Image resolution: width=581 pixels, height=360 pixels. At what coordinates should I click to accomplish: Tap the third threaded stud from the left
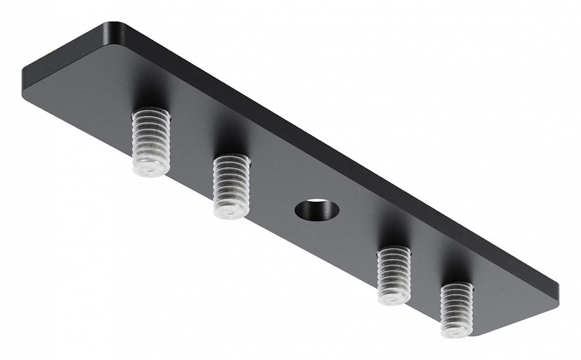[394, 275]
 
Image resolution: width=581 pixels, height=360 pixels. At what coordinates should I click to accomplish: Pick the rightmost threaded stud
[456, 309]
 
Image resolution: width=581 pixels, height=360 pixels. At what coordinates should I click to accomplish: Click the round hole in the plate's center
[316, 209]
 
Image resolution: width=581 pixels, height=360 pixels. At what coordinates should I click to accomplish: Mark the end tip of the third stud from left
[393, 299]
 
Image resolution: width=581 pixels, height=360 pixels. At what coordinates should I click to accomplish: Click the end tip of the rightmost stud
[455, 330]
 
